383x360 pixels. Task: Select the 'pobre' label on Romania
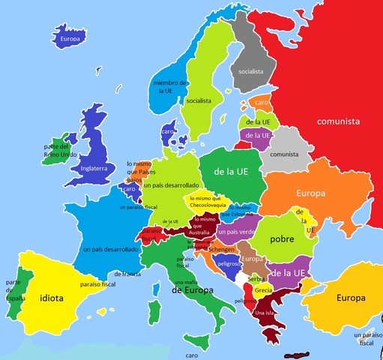pyautogui.click(x=281, y=238)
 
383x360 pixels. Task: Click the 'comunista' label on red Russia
pyautogui.click(x=338, y=121)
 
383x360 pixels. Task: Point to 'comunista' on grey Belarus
pyautogui.click(x=284, y=154)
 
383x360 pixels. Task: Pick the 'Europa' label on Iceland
pyautogui.click(x=70, y=38)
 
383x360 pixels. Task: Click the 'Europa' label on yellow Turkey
pyautogui.click(x=351, y=298)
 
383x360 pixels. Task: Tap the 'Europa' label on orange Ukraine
pyautogui.click(x=311, y=193)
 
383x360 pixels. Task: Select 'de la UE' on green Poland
pyautogui.click(x=230, y=172)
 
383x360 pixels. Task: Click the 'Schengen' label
pyautogui.click(x=222, y=249)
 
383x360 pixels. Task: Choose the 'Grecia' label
pyautogui.click(x=263, y=290)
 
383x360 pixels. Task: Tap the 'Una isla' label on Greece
pyautogui.click(x=266, y=312)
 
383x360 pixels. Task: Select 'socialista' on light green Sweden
pyautogui.click(x=199, y=100)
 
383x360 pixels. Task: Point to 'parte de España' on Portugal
pyautogui.click(x=13, y=289)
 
